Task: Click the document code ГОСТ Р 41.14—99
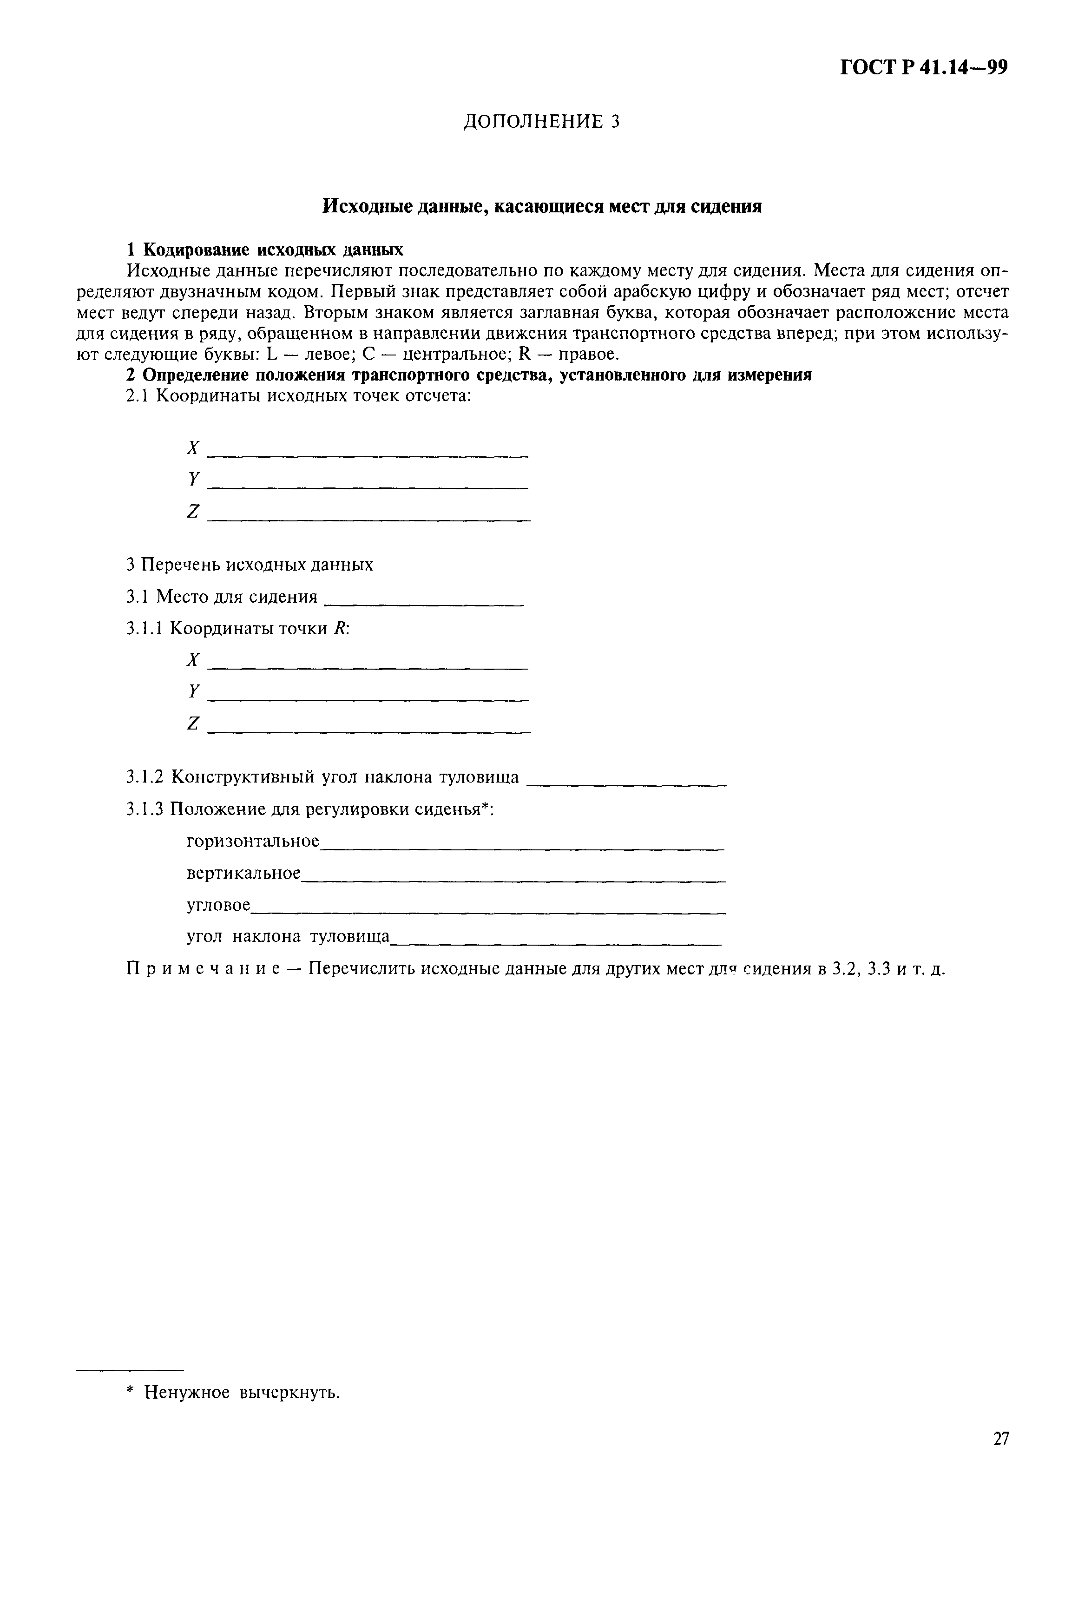tap(923, 68)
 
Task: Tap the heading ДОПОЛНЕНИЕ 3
tap(541, 122)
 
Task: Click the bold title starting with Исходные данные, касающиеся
tap(542, 206)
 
